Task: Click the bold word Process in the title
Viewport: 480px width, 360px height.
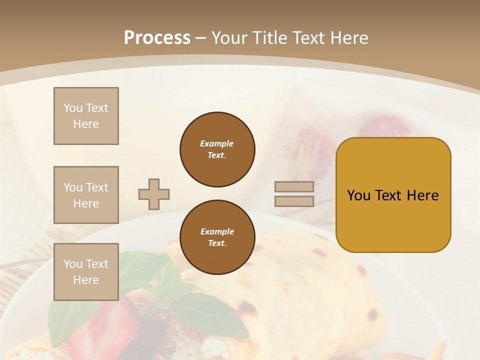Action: point(157,38)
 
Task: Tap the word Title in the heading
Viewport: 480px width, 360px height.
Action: point(270,38)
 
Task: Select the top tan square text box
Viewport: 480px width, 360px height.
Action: point(86,116)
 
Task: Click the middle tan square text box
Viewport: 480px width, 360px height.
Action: point(86,195)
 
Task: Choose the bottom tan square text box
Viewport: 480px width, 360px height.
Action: point(86,271)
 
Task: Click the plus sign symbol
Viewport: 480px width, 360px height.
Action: point(154,194)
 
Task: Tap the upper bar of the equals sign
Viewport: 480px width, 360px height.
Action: point(294,186)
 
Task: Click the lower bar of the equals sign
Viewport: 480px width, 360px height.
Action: point(294,201)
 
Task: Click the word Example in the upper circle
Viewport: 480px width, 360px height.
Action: point(216,143)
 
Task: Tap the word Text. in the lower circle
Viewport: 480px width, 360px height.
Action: point(217,243)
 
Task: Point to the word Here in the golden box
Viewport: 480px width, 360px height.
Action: point(422,195)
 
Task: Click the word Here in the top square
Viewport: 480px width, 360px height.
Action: point(86,124)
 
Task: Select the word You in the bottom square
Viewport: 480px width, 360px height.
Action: point(72,263)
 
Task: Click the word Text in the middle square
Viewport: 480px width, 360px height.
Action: point(97,187)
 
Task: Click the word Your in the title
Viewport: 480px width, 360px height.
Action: point(230,38)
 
